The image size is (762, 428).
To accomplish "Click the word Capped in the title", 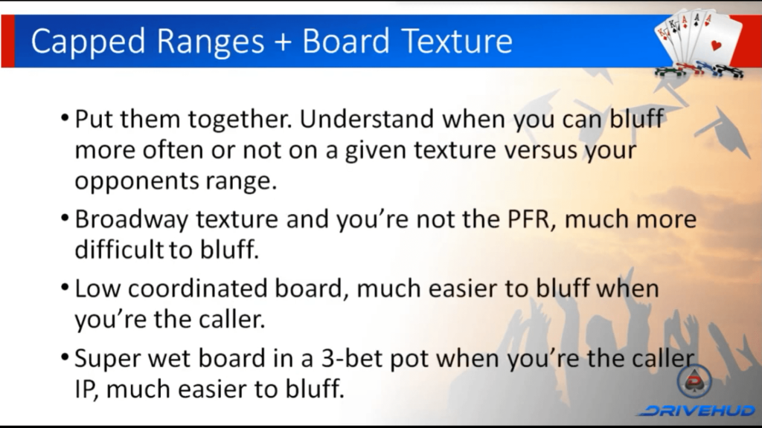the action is click(88, 42).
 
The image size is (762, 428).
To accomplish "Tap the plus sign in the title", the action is click(283, 42).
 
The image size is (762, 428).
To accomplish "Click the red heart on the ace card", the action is click(716, 45).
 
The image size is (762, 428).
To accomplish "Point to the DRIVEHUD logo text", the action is click(697, 411).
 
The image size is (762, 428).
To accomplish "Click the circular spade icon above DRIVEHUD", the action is click(694, 381).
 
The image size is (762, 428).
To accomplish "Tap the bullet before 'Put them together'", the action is click(65, 118).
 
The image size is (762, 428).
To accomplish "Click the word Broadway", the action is click(131, 220).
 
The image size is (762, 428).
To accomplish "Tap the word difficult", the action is click(119, 250).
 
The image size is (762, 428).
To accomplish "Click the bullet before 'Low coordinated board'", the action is click(65, 288).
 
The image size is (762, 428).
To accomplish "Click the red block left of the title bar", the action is click(7, 42).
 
